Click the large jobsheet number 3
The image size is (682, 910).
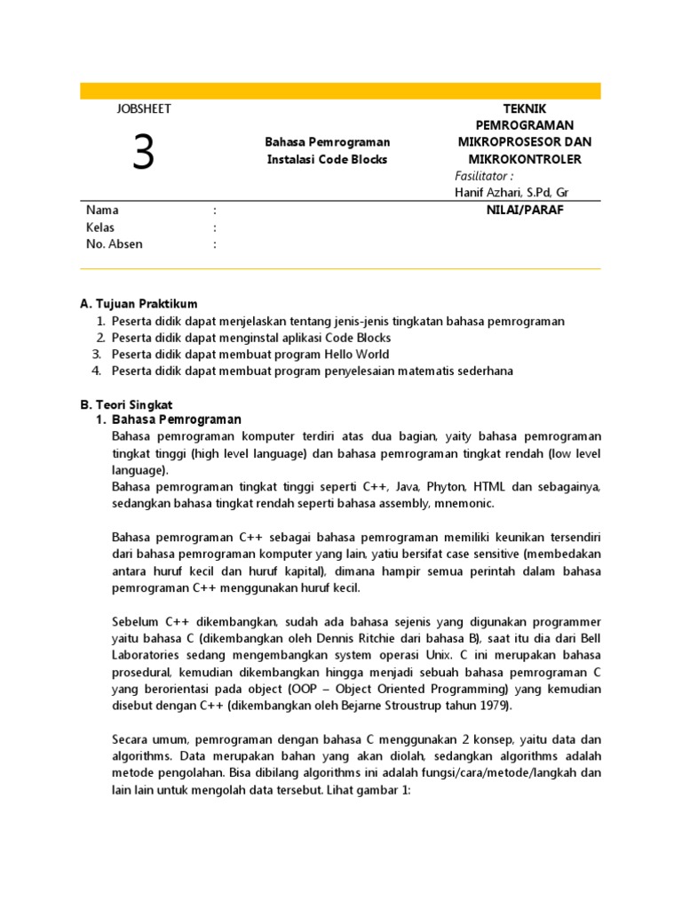tap(143, 152)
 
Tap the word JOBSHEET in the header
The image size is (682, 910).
tap(143, 108)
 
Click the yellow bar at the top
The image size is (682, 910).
tap(340, 91)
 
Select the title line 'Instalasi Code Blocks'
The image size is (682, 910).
tap(328, 159)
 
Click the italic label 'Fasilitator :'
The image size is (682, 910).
tap(484, 176)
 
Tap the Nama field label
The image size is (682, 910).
tap(102, 211)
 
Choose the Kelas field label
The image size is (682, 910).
tap(100, 227)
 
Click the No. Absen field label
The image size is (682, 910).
tap(114, 244)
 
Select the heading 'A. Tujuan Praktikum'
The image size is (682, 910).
tap(139, 304)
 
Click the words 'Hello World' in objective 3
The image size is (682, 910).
tap(358, 355)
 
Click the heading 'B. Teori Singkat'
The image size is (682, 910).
tap(126, 404)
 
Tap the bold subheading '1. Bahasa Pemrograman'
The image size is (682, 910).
tap(169, 419)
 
